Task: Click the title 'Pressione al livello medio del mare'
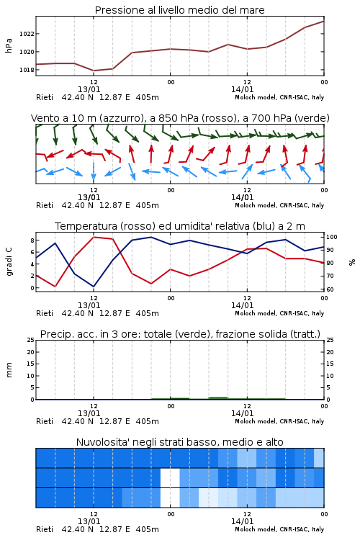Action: (179, 10)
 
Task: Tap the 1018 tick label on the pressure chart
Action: (27, 70)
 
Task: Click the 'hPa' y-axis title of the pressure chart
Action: (9, 45)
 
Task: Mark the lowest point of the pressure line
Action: (94, 71)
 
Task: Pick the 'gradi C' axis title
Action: (9, 261)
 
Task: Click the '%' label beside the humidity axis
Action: (352, 262)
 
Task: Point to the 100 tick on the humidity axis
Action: (332, 237)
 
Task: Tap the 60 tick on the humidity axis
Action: (330, 289)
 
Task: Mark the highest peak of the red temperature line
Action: (94, 237)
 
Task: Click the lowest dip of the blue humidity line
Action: (94, 287)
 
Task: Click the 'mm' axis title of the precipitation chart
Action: (9, 370)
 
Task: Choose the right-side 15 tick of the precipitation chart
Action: (330, 364)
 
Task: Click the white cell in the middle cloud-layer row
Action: (170, 477)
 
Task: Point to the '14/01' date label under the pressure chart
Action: (242, 89)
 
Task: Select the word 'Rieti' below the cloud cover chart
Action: (45, 529)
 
